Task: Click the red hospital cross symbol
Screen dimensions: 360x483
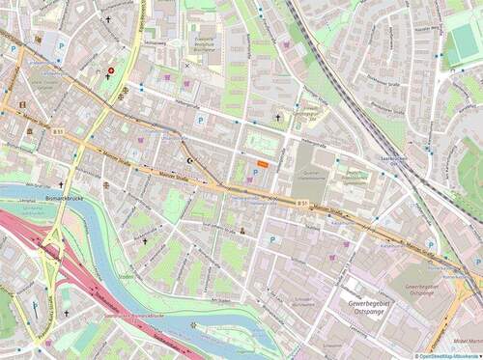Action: (111, 69)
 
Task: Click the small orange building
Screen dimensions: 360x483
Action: (263, 164)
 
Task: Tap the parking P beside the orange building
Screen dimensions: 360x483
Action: (255, 173)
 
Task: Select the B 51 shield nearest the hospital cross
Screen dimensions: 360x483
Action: (59, 131)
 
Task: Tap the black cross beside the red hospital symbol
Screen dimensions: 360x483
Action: (107, 18)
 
